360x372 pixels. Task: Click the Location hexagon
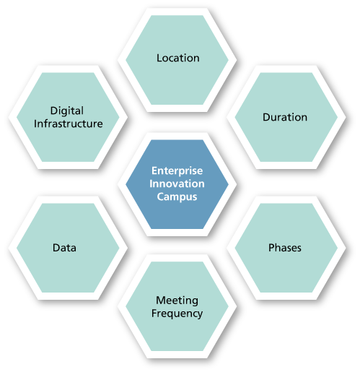coord(177,60)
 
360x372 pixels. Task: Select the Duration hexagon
coord(286,117)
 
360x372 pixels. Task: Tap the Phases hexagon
coord(286,248)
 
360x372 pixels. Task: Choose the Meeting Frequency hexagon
coord(177,306)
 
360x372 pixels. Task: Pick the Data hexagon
coord(68,248)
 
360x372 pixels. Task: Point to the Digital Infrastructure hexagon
coord(68,117)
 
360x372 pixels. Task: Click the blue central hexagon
coord(177,184)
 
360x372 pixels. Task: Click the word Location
coord(178,58)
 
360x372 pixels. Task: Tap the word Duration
coord(285,117)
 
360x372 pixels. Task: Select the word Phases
coord(285,248)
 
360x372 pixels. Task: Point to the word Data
coord(64,248)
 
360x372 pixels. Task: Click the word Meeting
coord(177,300)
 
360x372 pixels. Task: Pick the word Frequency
coord(177,313)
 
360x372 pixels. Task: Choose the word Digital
coord(67,111)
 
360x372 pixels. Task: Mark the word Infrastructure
coord(69,124)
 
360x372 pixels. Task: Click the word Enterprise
coord(177,171)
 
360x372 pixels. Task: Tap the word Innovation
coord(177,183)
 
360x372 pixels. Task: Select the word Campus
coord(177,197)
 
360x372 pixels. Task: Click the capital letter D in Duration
coord(266,117)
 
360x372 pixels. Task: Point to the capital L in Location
coord(159,58)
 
